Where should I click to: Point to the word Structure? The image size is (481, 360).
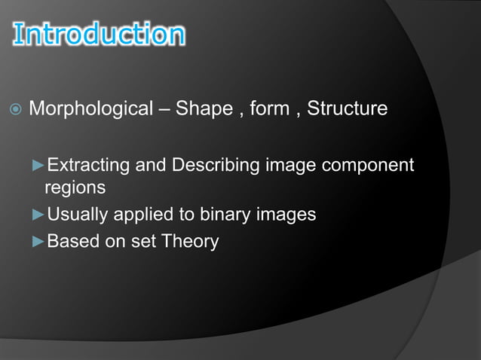coord(348,110)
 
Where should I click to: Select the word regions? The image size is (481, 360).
coord(75,187)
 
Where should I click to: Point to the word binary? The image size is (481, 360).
coord(224,215)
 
